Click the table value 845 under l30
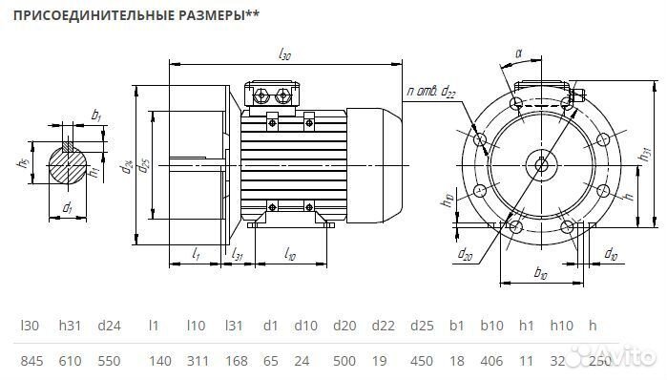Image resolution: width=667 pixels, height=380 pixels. point(31,362)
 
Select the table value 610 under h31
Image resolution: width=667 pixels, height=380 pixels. point(70,362)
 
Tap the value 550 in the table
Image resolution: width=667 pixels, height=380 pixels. point(109,362)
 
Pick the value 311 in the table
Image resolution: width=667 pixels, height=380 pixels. point(198,362)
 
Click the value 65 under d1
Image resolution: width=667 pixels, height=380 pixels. point(271,362)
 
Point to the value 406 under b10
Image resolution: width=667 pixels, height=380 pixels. point(493,362)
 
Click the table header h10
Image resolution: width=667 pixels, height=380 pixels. point(560,326)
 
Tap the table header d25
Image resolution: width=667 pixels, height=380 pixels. point(422,326)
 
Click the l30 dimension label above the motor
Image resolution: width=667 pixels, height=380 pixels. point(283,56)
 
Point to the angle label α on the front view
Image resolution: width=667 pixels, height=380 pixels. point(518,54)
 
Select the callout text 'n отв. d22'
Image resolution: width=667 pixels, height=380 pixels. point(431,92)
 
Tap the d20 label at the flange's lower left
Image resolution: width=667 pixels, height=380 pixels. point(465,255)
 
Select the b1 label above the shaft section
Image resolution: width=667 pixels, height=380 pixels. point(95,115)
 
